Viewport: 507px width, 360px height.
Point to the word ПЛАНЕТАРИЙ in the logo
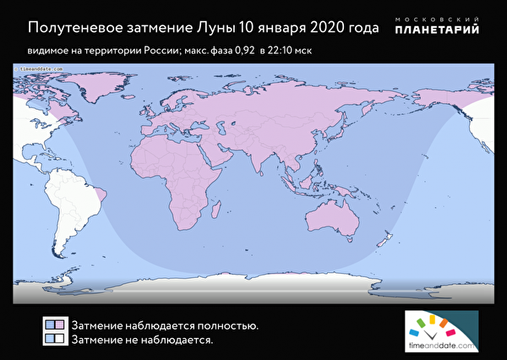click(439, 30)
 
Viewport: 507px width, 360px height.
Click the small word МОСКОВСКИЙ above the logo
click(439, 18)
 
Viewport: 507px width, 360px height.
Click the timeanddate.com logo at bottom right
click(440, 333)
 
